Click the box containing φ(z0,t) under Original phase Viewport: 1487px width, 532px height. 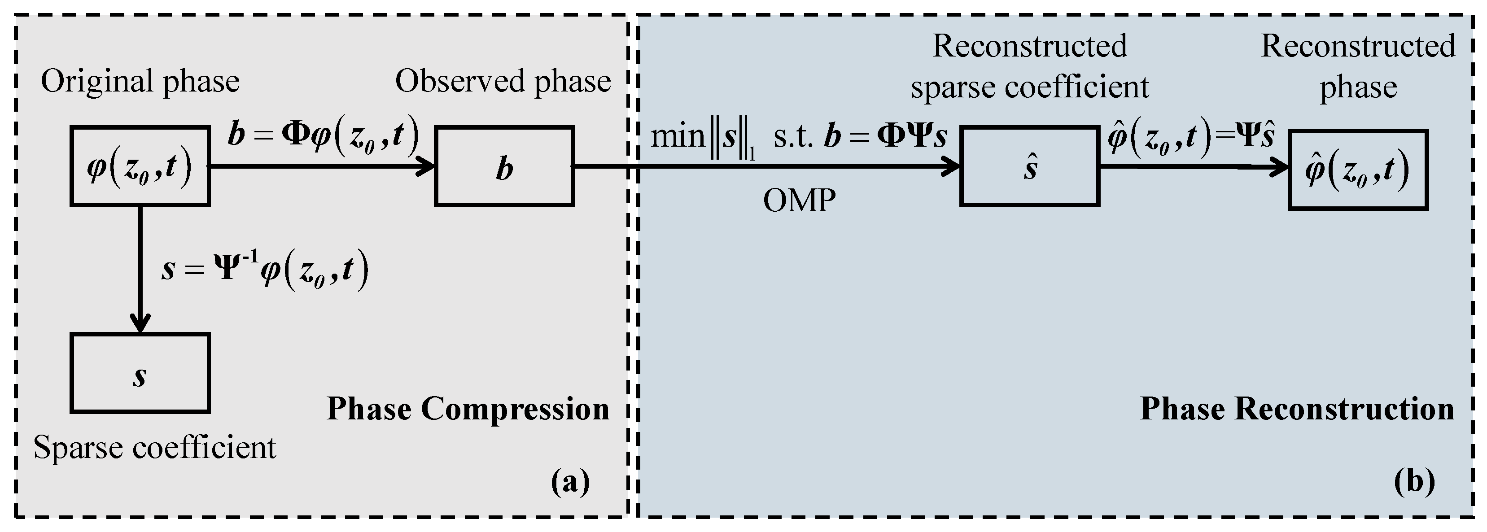(140, 166)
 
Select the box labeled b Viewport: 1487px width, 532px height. (504, 166)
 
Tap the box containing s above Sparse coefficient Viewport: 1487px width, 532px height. (140, 373)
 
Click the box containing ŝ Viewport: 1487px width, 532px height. (1029, 166)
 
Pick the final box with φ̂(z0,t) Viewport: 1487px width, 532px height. (1358, 170)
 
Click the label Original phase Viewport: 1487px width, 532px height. (140, 81)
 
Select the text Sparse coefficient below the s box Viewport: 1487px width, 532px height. (155, 447)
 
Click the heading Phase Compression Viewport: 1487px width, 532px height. (468, 409)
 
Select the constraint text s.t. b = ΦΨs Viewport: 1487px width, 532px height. (860, 137)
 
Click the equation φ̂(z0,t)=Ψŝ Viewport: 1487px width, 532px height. (1190, 137)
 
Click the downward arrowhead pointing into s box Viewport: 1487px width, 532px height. (140, 323)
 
